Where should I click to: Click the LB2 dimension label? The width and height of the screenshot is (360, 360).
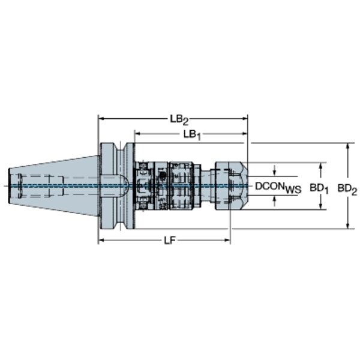[x=179, y=120]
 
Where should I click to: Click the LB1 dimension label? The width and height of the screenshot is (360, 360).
[x=192, y=135]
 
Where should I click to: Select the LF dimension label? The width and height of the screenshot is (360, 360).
[x=170, y=241]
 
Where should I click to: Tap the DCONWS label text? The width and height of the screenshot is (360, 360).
[x=278, y=187]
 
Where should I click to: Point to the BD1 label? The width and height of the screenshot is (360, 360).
[x=319, y=188]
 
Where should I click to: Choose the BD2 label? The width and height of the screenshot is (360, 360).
[x=347, y=190]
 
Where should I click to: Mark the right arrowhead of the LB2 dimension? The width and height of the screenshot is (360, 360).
[x=244, y=119]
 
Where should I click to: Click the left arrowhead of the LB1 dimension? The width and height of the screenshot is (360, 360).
[x=138, y=133]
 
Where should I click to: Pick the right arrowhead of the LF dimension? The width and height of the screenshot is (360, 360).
[x=227, y=241]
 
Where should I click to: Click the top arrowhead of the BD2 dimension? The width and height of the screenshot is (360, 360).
[x=348, y=146]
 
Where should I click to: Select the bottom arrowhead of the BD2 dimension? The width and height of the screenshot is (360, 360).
[x=348, y=226]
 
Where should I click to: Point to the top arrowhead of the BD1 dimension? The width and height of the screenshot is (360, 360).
[x=321, y=166]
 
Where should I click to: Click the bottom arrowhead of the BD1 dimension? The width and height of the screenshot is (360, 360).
[x=321, y=206]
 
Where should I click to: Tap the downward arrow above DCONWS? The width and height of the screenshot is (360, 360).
[x=274, y=170]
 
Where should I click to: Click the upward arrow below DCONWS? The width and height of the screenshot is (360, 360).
[x=274, y=201]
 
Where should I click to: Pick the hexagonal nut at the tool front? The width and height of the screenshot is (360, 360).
[x=239, y=186]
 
